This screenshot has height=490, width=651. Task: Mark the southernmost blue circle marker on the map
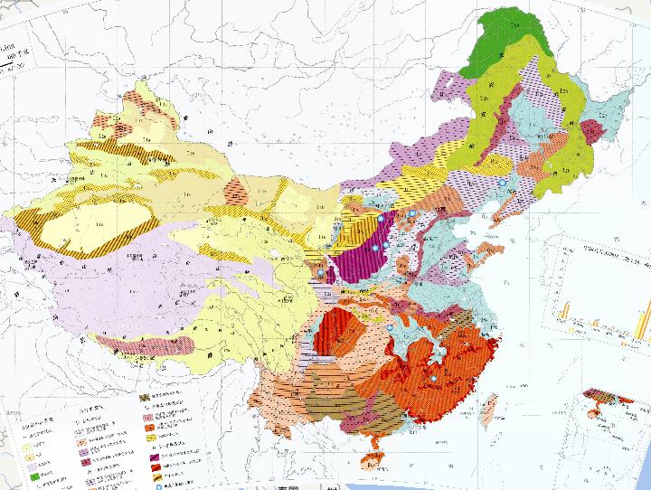pyautogui.click(x=433, y=378)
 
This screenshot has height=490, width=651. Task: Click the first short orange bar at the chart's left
pyautogui.click(x=562, y=312)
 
